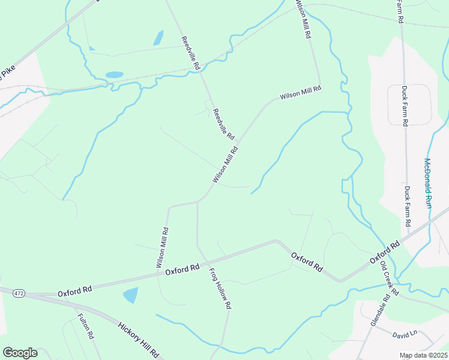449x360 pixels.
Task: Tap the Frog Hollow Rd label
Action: (x=220, y=288)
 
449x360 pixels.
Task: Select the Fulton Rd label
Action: (x=86, y=327)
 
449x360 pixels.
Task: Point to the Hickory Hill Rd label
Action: (x=138, y=340)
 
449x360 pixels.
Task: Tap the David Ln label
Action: (x=405, y=334)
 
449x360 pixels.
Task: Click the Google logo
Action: (x=20, y=353)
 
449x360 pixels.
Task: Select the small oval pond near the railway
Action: (x=114, y=75)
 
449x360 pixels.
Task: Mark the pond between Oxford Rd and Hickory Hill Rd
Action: (x=130, y=295)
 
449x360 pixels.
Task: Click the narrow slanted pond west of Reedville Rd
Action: (x=158, y=38)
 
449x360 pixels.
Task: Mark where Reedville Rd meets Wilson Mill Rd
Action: (x=239, y=142)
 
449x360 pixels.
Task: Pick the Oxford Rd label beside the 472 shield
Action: (x=75, y=292)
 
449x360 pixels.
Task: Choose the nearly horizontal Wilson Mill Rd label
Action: (x=301, y=92)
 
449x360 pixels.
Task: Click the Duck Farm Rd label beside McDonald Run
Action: (x=408, y=205)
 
